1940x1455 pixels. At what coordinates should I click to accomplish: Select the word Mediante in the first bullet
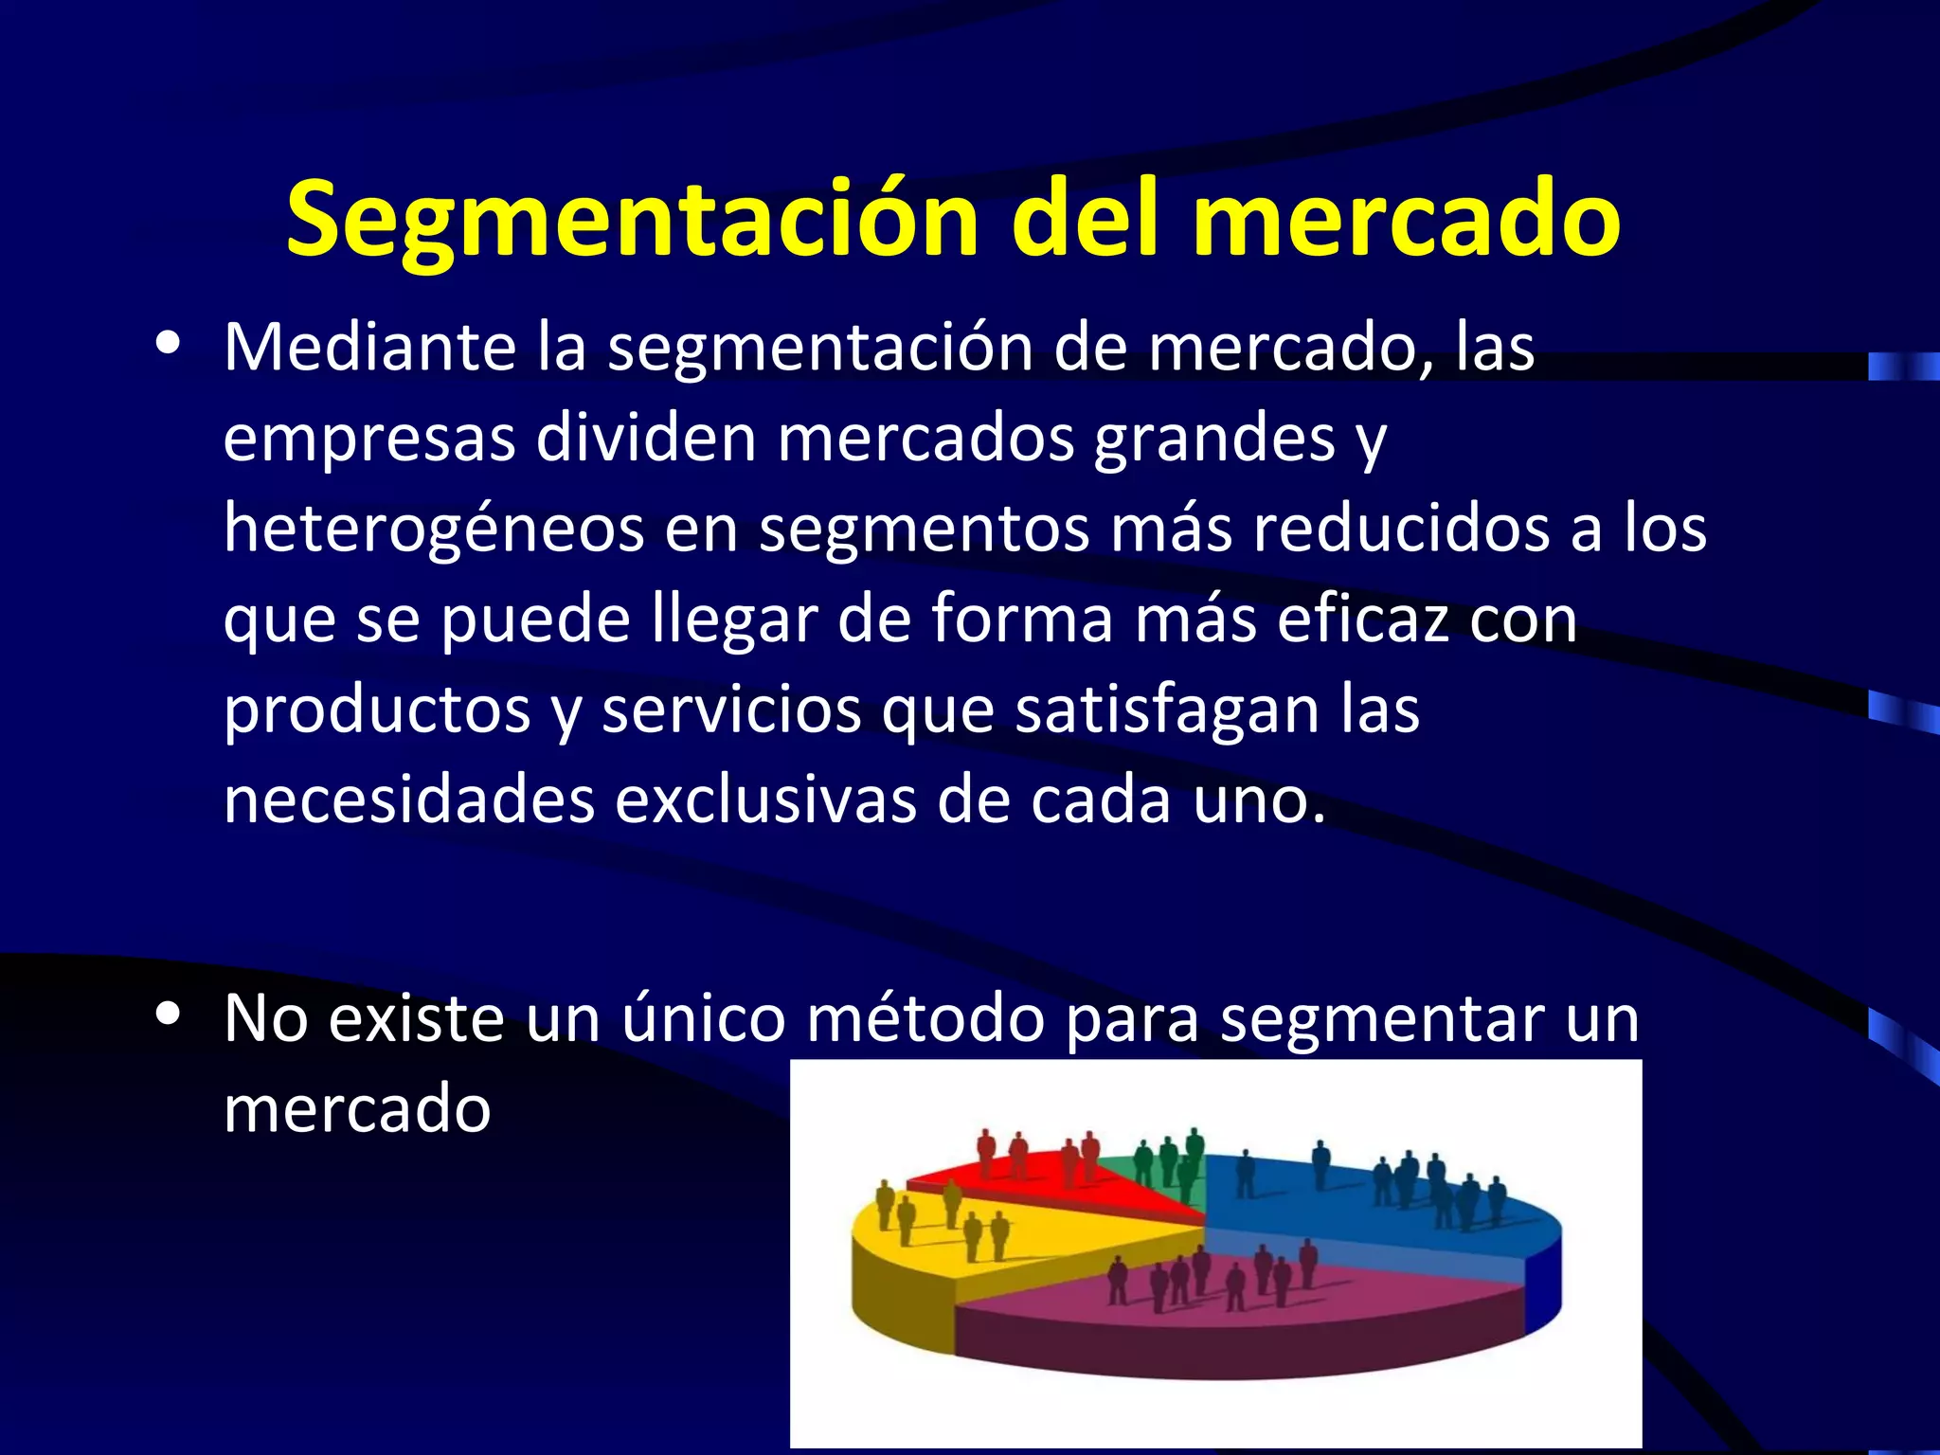tap(369, 348)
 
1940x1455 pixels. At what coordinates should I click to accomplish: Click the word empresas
tap(369, 440)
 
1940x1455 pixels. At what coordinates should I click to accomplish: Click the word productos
tap(377, 710)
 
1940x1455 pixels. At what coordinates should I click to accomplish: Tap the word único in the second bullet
tap(703, 1019)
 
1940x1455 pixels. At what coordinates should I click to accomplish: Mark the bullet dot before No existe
tap(169, 1015)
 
